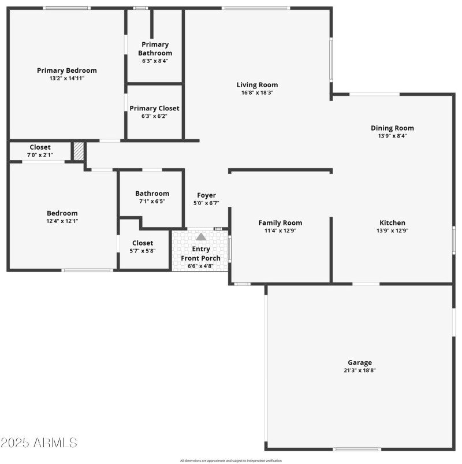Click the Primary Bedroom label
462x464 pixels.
pos(67,70)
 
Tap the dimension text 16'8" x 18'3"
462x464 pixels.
pos(257,92)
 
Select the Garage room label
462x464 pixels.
pos(360,362)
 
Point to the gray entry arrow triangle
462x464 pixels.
pos(201,236)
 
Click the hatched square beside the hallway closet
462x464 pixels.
pos(79,151)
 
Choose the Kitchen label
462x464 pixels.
pos(392,223)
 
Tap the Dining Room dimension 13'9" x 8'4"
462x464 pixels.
pos(392,136)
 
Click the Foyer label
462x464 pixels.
pos(206,195)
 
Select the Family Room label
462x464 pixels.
pos(280,223)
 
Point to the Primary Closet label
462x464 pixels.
pos(154,108)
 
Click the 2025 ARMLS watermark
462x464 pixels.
pos(39,443)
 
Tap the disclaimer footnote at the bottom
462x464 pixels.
pos(230,461)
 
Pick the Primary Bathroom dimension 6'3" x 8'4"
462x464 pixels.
pos(155,61)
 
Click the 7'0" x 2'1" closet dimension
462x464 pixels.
pos(40,155)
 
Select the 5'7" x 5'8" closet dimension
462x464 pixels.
pos(143,251)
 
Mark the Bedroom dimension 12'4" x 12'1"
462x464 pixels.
pos(62,221)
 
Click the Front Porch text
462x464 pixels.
pos(200,258)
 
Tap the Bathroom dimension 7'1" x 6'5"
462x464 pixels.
pos(152,201)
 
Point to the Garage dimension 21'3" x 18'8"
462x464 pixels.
pos(360,370)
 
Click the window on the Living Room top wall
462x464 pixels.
pos(256,8)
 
